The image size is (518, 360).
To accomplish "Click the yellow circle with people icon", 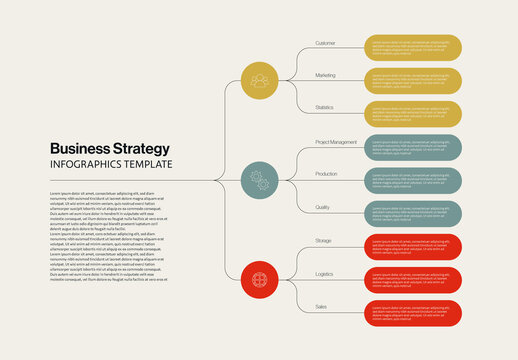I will click(260, 80).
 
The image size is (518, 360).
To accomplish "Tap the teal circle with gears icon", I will click(260, 180).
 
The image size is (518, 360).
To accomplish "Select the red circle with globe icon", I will click(260, 279).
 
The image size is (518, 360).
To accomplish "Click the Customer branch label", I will click(325, 43).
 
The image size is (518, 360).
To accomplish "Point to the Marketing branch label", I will click(325, 75).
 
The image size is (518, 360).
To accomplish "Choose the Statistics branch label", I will click(324, 107).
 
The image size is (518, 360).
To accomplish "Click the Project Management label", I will click(335, 142).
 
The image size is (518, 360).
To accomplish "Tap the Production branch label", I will click(326, 174).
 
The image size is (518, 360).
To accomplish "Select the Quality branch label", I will click(322, 207).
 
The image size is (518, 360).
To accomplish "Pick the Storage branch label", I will click(323, 240).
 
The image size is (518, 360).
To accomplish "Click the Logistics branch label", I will click(324, 273).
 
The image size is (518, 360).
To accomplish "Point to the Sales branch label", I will click(321, 306).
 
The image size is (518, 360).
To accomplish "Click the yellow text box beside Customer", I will click(412, 48).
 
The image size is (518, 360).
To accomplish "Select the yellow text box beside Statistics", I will click(412, 114).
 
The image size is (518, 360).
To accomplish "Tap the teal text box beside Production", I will click(412, 181).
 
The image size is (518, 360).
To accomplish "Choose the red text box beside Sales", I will click(412, 314).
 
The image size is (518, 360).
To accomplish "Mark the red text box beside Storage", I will click(412, 247).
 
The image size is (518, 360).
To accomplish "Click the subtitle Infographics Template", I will click(111, 165).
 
